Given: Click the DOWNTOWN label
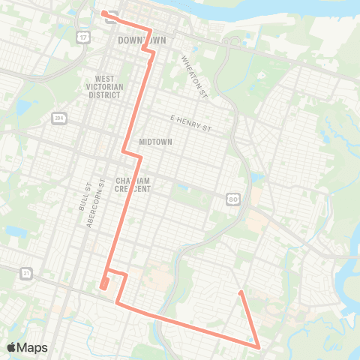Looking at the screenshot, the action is (x=141, y=39).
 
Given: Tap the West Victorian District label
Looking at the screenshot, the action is (x=108, y=86).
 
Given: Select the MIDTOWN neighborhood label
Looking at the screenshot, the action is (x=156, y=142).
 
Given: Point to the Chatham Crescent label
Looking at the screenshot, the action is (x=133, y=184).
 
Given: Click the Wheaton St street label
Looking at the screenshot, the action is (x=193, y=76).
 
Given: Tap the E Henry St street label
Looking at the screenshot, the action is (x=191, y=124).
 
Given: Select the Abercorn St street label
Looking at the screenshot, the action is (x=94, y=197).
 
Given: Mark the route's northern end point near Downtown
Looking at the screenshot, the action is (x=103, y=12).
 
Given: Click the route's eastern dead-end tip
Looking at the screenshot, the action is (x=239, y=292).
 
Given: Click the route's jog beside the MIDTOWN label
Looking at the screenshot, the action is (x=133, y=154).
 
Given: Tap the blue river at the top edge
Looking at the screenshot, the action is (x=300, y=9).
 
